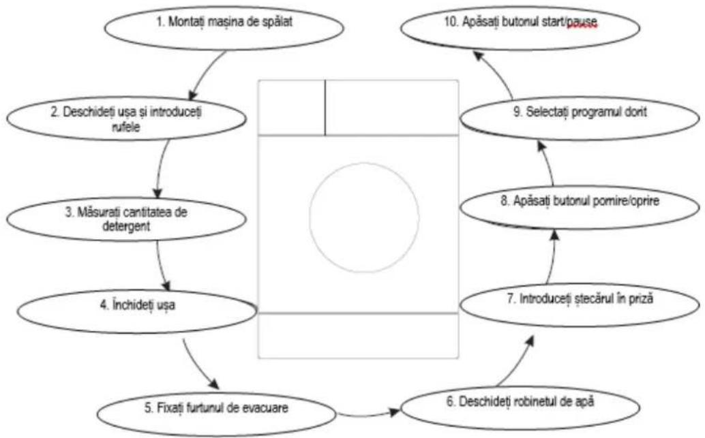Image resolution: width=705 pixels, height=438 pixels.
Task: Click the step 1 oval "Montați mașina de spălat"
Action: click(224, 28)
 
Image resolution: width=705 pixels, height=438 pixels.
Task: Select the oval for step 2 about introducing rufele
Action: click(126, 118)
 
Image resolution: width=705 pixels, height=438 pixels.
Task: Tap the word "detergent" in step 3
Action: click(126, 226)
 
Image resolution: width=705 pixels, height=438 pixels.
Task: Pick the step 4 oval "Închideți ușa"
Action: click(136, 311)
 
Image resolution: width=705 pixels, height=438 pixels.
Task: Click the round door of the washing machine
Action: click(364, 217)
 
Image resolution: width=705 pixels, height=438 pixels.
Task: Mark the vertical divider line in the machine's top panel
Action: click(325, 108)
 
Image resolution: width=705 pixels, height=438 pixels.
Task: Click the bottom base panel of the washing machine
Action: click(359, 336)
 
